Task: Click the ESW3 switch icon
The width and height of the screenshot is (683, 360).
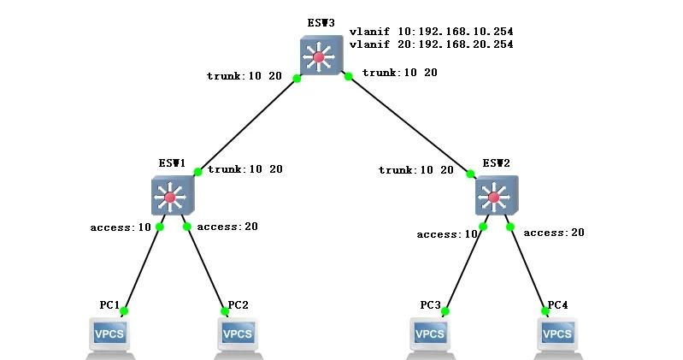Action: click(x=321, y=56)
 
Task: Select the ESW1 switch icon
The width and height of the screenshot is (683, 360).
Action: click(x=172, y=197)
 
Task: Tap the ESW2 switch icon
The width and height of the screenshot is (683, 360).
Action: click(x=496, y=197)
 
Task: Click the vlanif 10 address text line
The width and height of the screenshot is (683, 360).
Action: click(x=431, y=32)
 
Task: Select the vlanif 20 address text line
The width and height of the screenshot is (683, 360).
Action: click(x=431, y=44)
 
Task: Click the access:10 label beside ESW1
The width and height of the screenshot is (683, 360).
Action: click(x=121, y=227)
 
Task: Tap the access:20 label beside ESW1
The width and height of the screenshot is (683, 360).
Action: click(x=227, y=227)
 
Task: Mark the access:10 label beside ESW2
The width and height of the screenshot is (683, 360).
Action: click(x=446, y=234)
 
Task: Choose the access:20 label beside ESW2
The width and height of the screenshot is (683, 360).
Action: click(x=554, y=233)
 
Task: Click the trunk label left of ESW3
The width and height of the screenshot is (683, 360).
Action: click(x=244, y=76)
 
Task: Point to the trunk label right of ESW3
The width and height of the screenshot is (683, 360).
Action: click(x=399, y=73)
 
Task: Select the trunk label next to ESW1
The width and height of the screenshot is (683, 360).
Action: click(x=244, y=169)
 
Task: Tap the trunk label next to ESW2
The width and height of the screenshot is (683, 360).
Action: click(x=416, y=170)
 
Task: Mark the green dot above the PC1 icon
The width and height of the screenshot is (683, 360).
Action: click(x=124, y=311)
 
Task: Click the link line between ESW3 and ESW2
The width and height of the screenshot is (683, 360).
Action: click(x=410, y=125)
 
